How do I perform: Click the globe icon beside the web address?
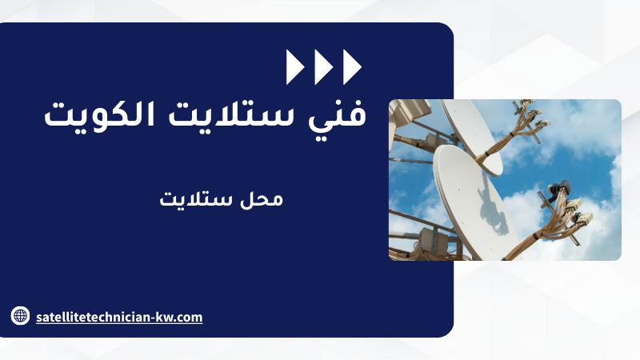pos(20,316)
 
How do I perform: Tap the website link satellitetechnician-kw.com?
pos(119,317)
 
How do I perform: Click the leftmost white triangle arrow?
pos(295,67)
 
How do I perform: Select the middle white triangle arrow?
pos(324,67)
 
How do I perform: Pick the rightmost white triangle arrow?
pos(352,67)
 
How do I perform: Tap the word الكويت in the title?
pos(99,114)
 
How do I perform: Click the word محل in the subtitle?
pos(262,199)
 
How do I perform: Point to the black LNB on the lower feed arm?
pos(558,190)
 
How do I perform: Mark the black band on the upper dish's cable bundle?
pos(486,154)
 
